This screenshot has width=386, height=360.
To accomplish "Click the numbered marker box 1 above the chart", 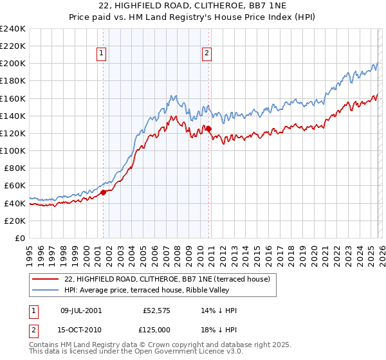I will tap(102, 54).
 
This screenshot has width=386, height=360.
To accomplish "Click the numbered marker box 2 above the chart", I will tap(207, 54).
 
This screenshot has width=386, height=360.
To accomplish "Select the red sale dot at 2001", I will tap(103, 192).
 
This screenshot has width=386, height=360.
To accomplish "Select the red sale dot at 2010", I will tap(208, 129).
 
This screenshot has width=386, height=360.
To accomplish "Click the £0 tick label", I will tap(21, 237).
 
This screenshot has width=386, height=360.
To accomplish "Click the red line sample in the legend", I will tap(46, 279).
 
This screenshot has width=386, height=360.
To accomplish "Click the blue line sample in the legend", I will tap(46, 290).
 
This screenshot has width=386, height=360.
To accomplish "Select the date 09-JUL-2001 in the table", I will tap(81, 310).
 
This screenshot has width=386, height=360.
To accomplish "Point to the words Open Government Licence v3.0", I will tap(190, 352).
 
